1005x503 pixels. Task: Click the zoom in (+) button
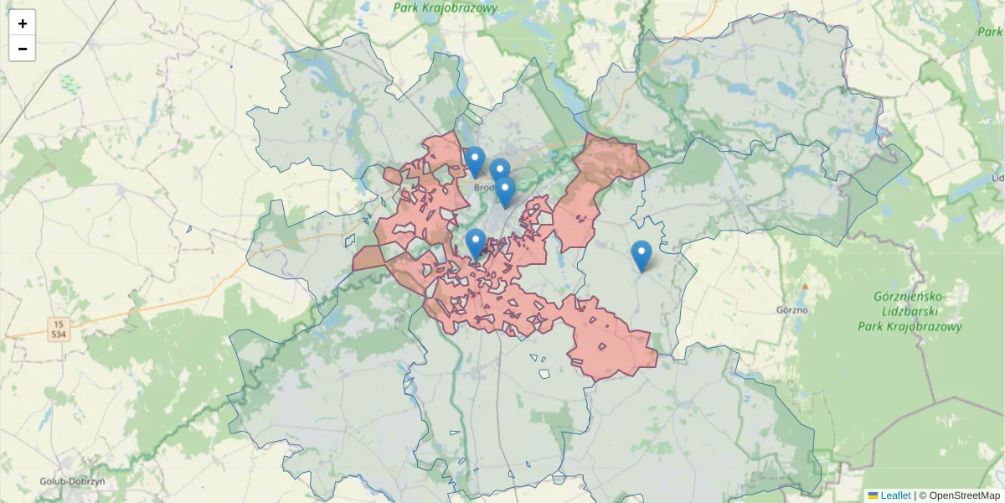(x=23, y=23)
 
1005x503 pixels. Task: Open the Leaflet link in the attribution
(x=895, y=495)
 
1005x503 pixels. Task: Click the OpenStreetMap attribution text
(x=964, y=495)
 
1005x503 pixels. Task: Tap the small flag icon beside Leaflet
(x=873, y=495)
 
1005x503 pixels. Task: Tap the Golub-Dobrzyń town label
(x=72, y=482)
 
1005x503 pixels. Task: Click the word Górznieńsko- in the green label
(x=910, y=297)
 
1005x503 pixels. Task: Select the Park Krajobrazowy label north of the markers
(x=446, y=8)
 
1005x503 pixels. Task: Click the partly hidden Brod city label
(x=484, y=188)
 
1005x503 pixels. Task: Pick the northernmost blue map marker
(x=475, y=162)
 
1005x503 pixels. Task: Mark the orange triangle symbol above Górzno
(x=806, y=286)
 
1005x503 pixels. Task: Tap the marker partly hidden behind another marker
(x=499, y=169)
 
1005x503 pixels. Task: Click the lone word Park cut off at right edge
(x=990, y=31)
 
